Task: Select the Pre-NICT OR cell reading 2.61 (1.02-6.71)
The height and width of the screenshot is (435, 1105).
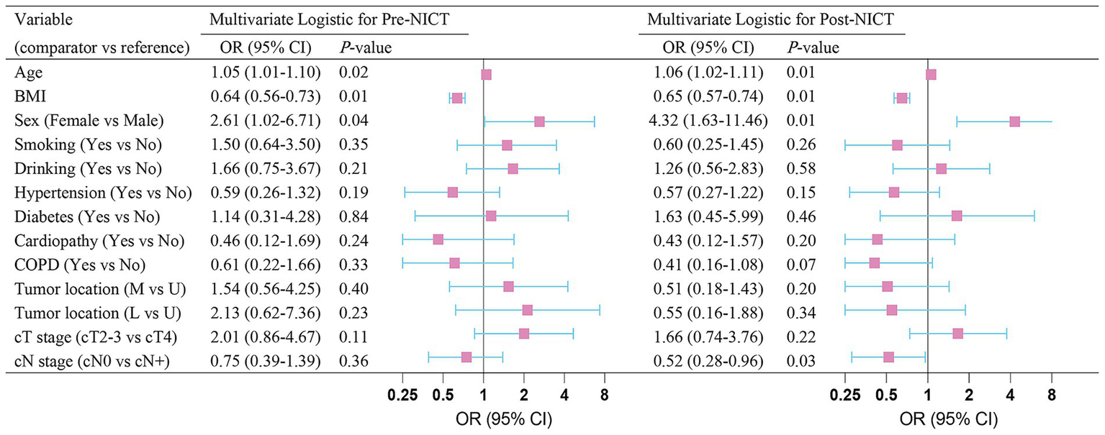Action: pos(264,122)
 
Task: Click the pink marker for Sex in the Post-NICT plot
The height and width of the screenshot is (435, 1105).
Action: pos(1014,122)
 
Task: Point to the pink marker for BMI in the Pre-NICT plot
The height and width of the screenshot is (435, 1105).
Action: pos(456,98)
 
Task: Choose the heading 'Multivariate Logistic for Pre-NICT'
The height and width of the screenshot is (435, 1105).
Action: pos(334,21)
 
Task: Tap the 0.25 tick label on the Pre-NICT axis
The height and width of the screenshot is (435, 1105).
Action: pos(402,395)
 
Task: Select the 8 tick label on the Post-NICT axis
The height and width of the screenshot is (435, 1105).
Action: pos(1052,395)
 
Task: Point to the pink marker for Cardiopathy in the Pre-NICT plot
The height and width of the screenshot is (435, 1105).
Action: pos(438,239)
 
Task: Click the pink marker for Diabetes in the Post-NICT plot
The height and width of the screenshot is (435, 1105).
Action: pos(957,216)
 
